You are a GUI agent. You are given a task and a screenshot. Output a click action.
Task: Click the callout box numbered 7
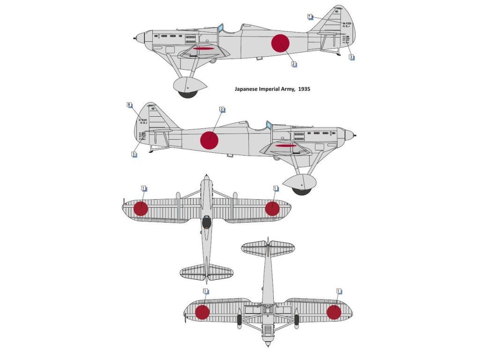click(x=310, y=16)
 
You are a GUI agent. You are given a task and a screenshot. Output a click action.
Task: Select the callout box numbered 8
click(x=129, y=105)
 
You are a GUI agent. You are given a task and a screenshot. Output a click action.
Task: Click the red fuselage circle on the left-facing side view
click(x=280, y=43)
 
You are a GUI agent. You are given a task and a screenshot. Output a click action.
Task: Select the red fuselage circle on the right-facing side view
click(x=210, y=140)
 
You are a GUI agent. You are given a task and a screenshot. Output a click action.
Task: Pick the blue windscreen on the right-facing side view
click(x=269, y=126)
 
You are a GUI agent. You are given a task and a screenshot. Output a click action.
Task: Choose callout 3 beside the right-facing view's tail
click(x=134, y=153)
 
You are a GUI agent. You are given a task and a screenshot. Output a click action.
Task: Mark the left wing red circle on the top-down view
click(x=141, y=209)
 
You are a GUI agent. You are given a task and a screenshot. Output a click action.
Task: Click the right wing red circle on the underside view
click(x=334, y=312)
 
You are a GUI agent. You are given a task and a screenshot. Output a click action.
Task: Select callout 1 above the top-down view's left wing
click(x=143, y=188)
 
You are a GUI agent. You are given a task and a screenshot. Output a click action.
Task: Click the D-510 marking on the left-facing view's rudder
click(x=346, y=23)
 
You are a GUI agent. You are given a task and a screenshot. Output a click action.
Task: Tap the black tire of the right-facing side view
click(x=301, y=190)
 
